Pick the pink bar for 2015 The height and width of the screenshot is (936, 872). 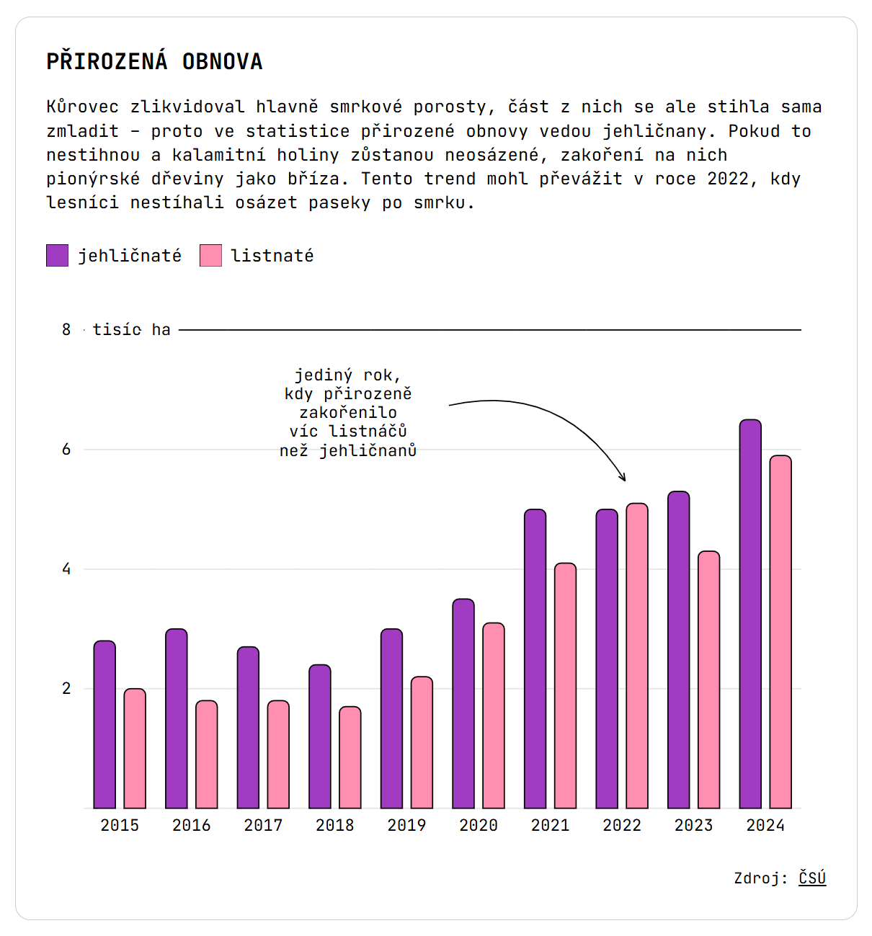point(135,749)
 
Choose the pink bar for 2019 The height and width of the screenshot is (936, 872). point(422,742)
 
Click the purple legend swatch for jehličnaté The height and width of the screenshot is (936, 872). point(58,256)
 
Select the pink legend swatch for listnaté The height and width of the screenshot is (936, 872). point(210,256)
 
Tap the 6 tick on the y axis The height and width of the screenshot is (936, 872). point(67,450)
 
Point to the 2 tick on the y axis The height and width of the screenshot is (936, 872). point(67,689)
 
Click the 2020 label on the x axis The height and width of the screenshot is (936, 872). point(479,826)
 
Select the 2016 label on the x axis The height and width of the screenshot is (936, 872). point(192,826)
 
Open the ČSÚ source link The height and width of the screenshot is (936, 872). point(812,878)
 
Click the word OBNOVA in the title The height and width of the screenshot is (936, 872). point(223,62)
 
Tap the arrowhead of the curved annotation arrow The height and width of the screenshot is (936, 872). point(623,478)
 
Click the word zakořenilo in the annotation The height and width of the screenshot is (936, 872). point(348,413)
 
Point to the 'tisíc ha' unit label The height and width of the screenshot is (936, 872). point(132,330)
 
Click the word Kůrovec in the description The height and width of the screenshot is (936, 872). point(83,107)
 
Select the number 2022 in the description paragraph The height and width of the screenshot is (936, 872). point(728,179)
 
